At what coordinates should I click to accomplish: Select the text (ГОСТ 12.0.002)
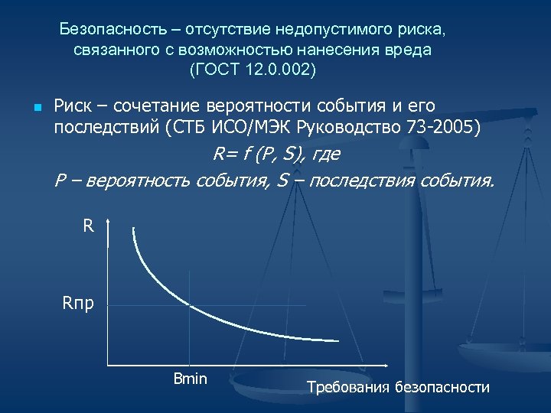click(252, 70)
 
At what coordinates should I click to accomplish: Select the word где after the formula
click(324, 154)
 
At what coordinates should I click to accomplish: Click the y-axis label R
click(88, 227)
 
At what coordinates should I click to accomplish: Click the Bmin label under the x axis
click(191, 379)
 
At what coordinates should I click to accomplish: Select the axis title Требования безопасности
click(398, 387)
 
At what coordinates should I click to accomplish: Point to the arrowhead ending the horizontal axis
click(379, 365)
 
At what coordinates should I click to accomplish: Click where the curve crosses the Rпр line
click(191, 306)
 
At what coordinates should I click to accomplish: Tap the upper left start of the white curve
click(134, 229)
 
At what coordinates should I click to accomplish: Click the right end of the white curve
click(337, 340)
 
